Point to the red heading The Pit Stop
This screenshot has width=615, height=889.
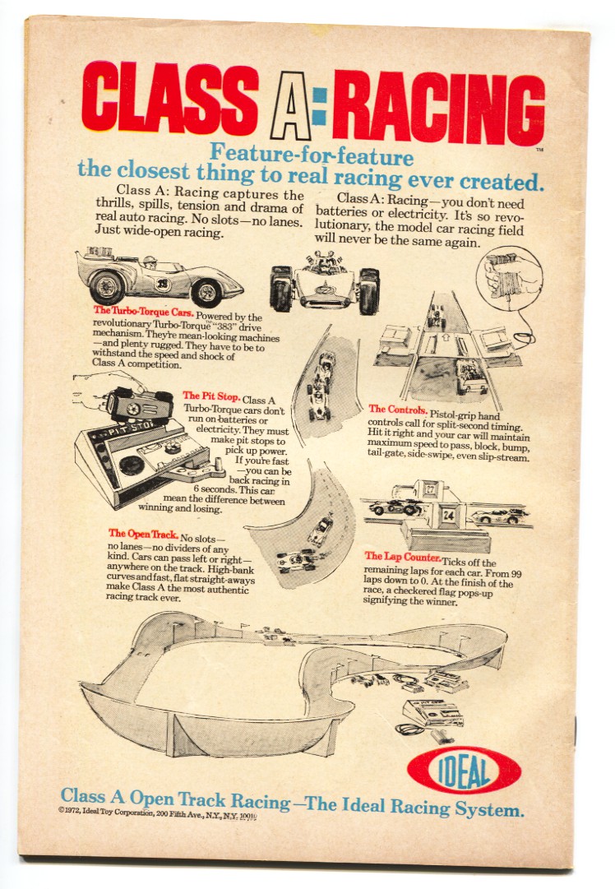[211, 396]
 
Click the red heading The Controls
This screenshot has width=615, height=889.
[398, 409]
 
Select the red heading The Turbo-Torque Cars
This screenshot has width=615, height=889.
[144, 311]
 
